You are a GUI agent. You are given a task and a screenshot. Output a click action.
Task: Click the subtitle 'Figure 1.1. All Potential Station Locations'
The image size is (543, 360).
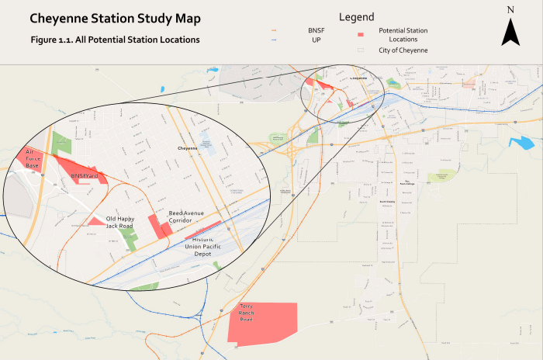[x=116, y=39]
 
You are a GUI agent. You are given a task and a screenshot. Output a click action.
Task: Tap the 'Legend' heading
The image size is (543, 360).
[x=356, y=16]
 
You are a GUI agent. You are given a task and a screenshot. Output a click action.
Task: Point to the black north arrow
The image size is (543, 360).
[x=510, y=32]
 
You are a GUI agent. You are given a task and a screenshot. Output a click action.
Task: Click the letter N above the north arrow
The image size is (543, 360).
[x=510, y=10]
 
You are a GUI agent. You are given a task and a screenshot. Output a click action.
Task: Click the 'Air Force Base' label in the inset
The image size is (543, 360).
[x=32, y=158]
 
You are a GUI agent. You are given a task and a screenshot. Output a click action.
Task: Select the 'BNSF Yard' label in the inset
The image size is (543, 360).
[x=85, y=176]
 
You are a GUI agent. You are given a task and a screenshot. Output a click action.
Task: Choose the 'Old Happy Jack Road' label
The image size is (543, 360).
[x=120, y=222]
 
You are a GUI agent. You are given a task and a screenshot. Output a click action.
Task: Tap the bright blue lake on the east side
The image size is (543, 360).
[x=521, y=143]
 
